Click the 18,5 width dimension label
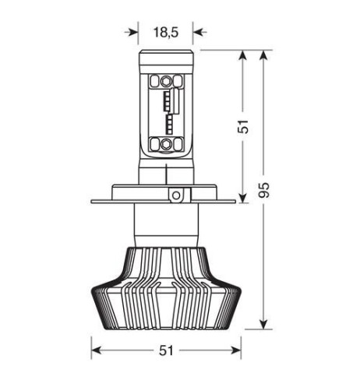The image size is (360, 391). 166,33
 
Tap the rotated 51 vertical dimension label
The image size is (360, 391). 243,126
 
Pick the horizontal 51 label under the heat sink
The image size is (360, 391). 165,350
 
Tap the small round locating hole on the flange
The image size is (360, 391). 177,194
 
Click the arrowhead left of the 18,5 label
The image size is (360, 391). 134,33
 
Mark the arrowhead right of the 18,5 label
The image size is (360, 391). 198,33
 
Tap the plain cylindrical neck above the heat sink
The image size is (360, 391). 165,225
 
